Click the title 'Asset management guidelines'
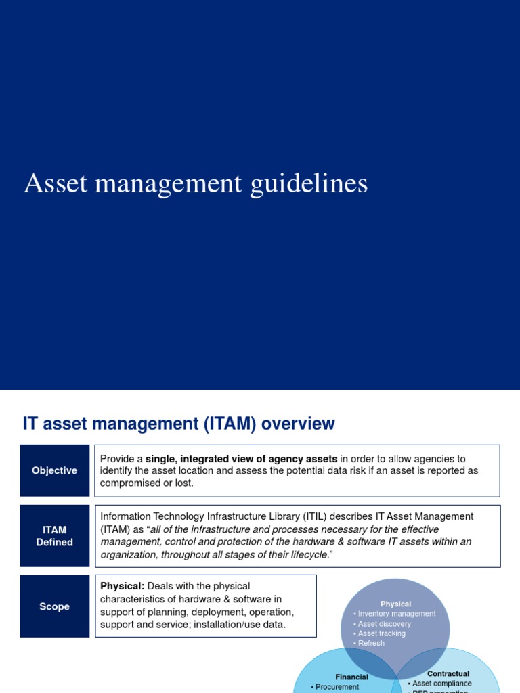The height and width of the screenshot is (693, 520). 196,184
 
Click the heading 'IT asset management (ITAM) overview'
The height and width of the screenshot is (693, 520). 179,424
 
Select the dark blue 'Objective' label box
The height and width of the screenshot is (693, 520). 54,470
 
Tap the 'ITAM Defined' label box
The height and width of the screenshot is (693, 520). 54,535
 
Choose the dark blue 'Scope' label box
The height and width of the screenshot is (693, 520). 54,606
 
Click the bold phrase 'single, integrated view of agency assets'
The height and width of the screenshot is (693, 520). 241,459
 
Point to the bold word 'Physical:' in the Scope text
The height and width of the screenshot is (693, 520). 122,586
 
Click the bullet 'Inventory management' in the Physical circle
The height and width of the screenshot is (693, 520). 397,614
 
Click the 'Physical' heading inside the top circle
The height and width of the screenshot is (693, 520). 395,604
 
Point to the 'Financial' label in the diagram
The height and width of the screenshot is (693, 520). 351,677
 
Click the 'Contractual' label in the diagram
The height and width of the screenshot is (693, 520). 448,674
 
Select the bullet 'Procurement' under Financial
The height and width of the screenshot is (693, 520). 337,687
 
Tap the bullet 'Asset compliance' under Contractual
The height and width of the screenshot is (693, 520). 441,684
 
